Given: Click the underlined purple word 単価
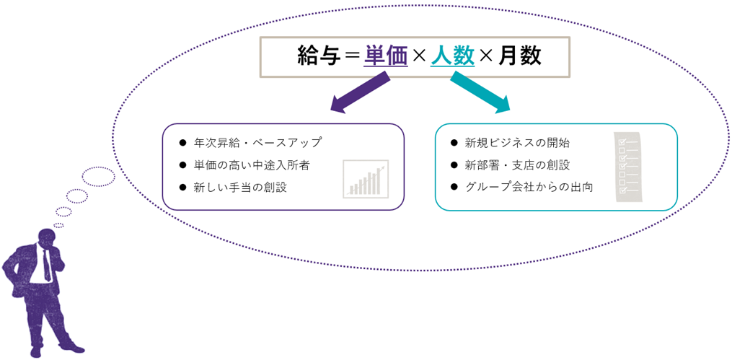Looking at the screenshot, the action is (387, 56).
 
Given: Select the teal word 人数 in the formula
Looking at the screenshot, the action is (453, 56).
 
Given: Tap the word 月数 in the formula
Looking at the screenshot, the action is (519, 56).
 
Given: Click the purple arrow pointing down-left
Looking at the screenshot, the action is (359, 94).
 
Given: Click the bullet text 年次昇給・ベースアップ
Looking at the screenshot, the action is (257, 142).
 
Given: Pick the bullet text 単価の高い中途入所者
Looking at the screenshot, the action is (251, 165).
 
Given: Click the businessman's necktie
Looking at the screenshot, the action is (47, 264).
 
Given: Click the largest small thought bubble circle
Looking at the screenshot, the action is (99, 177).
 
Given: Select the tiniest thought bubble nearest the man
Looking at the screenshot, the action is (59, 225).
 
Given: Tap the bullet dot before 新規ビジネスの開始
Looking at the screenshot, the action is (454, 143).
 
